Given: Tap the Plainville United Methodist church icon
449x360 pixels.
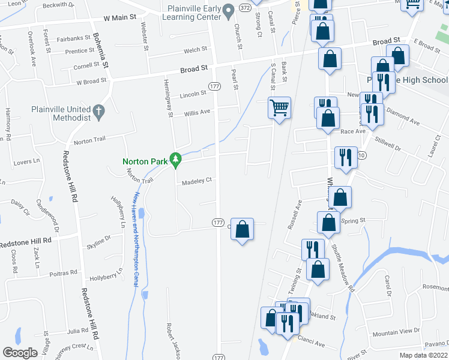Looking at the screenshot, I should pyautogui.click(x=99, y=110).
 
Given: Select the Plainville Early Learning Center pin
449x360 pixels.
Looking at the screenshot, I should pyautogui.click(x=228, y=10).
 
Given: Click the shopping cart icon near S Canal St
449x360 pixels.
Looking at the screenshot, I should pyautogui.click(x=279, y=108).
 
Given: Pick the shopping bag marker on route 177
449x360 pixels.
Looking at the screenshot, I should pyautogui.click(x=242, y=229).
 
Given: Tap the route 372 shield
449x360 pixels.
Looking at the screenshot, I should pyautogui.click(x=244, y=8).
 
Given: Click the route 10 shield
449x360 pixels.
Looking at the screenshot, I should pyautogui.click(x=361, y=155).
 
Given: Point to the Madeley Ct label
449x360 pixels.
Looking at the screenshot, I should pyautogui.click(x=197, y=180).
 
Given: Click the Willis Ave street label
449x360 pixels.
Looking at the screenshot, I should pyautogui.click(x=197, y=112).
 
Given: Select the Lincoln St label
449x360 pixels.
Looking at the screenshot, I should pyautogui.click(x=193, y=95).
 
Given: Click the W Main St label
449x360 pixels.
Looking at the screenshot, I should pyautogui.click(x=124, y=18).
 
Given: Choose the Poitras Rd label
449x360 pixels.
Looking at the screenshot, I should pyautogui.click(x=65, y=272).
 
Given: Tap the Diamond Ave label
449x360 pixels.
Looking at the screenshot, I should pyautogui.click(x=402, y=121).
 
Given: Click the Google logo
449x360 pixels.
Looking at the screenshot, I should pyautogui.click(x=20, y=353).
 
